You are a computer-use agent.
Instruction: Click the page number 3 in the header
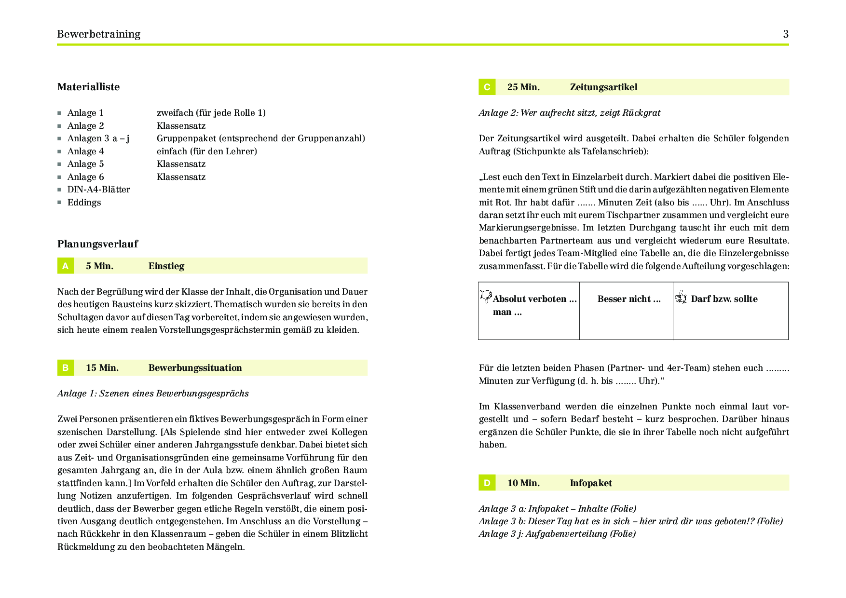[x=786, y=34]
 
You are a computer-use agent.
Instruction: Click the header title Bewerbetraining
[x=98, y=34]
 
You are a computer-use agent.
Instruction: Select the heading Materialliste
[x=88, y=87]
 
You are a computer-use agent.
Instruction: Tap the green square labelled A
[x=65, y=266]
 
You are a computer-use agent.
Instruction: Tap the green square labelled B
[x=65, y=367]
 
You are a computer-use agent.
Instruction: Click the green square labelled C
[x=487, y=87]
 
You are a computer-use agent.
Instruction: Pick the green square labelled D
[x=487, y=483]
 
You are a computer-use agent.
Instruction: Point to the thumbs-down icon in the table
[x=486, y=296]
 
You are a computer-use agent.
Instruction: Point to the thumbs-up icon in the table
[x=681, y=297]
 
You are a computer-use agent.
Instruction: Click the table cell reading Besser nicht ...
[x=628, y=299]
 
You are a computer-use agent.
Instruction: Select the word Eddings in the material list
[x=84, y=203]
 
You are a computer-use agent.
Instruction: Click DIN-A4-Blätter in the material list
[x=98, y=190]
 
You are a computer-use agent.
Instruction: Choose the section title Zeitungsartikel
[x=603, y=87]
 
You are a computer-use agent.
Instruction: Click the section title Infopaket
[x=591, y=483]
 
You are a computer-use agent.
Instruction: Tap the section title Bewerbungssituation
[x=195, y=368]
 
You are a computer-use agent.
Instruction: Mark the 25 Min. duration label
[x=523, y=87]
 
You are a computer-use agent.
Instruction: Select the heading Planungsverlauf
[x=97, y=244]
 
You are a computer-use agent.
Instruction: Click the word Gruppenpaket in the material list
[x=186, y=138]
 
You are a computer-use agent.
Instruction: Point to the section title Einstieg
[x=166, y=266]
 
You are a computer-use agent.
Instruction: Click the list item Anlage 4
[x=85, y=151]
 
